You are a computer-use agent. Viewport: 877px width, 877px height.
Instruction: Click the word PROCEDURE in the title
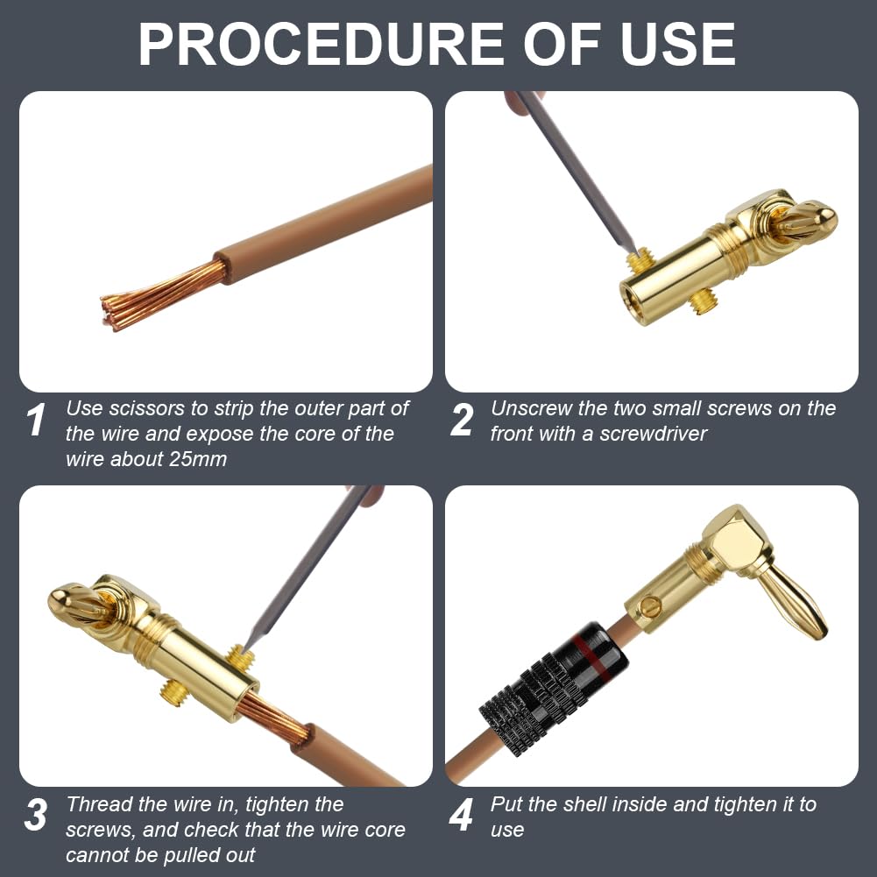coord(321,45)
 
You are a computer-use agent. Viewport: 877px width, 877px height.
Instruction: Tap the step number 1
coord(36,420)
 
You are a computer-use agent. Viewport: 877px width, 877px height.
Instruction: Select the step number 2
coord(462,420)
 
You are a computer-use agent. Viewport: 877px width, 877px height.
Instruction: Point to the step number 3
coord(35,815)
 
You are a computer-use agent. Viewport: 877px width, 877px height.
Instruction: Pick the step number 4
coord(462,815)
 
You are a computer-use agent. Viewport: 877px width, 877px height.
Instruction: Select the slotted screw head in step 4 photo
coord(650,605)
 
